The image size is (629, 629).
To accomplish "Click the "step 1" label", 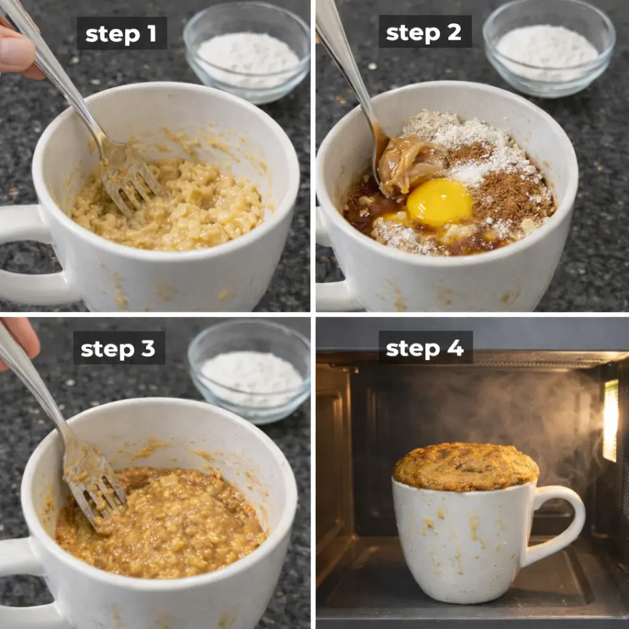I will tap(121, 34).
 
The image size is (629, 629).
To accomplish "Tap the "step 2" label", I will tap(424, 32).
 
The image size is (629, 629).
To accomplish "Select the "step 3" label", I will tap(119, 348).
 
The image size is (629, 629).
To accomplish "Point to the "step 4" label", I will tap(425, 348).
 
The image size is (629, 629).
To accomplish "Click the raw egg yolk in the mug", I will tap(439, 202).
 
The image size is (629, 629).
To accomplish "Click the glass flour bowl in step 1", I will tap(247, 52).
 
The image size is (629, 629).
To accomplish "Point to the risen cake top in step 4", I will tap(466, 466).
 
